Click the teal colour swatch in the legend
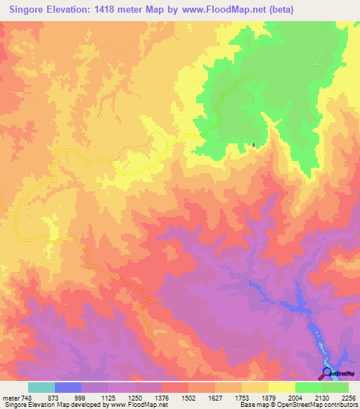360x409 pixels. [41, 387]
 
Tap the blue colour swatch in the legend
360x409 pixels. [68, 387]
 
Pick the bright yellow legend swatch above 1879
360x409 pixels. [281, 387]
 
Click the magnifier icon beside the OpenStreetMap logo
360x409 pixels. [327, 373]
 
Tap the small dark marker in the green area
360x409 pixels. [253, 146]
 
